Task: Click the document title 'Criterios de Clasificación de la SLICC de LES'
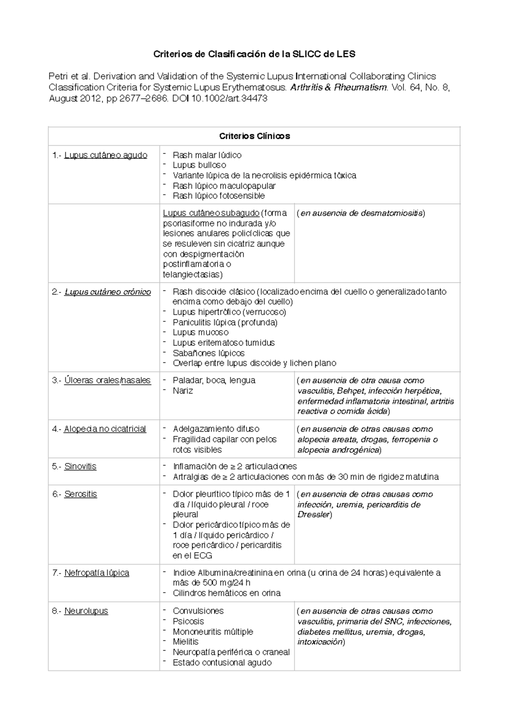pos(254,54)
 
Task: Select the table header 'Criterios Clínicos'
pos(254,136)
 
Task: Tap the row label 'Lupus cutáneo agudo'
pos(106,155)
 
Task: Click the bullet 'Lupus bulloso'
pos(199,165)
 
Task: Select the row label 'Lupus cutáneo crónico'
pos(107,292)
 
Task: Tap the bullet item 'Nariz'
pos(183,390)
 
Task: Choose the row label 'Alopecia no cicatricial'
pos(105,429)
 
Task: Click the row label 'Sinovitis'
pos(80,466)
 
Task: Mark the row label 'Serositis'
pos(81,494)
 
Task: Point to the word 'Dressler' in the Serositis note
pos(313,515)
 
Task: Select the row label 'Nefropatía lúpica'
pos(97,573)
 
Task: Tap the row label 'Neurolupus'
pos(86,611)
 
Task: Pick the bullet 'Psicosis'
pos(188,621)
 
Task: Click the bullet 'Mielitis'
pos(185,642)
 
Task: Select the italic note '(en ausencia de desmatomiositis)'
pos(361,213)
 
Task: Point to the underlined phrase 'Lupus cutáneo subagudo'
pos(211,213)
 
